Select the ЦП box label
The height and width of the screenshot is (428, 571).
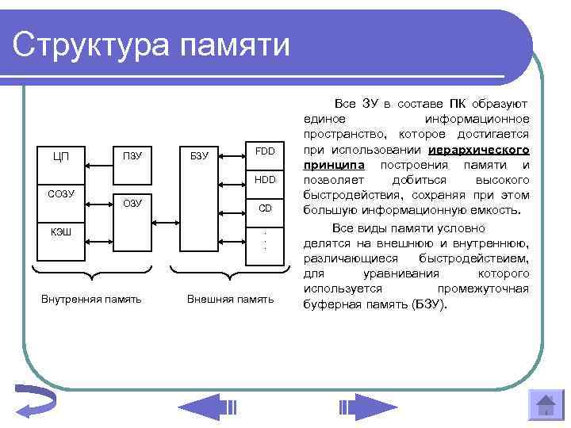pos(61,156)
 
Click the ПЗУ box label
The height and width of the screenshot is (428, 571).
pos(132,156)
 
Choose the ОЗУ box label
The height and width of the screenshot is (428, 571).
pos(132,204)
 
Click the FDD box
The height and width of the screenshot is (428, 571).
pos(265,151)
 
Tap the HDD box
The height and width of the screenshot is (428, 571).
pos(265,180)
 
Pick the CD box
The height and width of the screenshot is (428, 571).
pos(265,208)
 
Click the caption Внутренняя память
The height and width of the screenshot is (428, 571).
pos(91,299)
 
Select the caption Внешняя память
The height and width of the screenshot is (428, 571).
pos(230,299)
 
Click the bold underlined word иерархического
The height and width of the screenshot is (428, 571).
pos(478,150)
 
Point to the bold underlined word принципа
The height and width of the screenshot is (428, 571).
pos(334,165)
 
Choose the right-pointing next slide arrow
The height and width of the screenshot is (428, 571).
pos(367,407)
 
